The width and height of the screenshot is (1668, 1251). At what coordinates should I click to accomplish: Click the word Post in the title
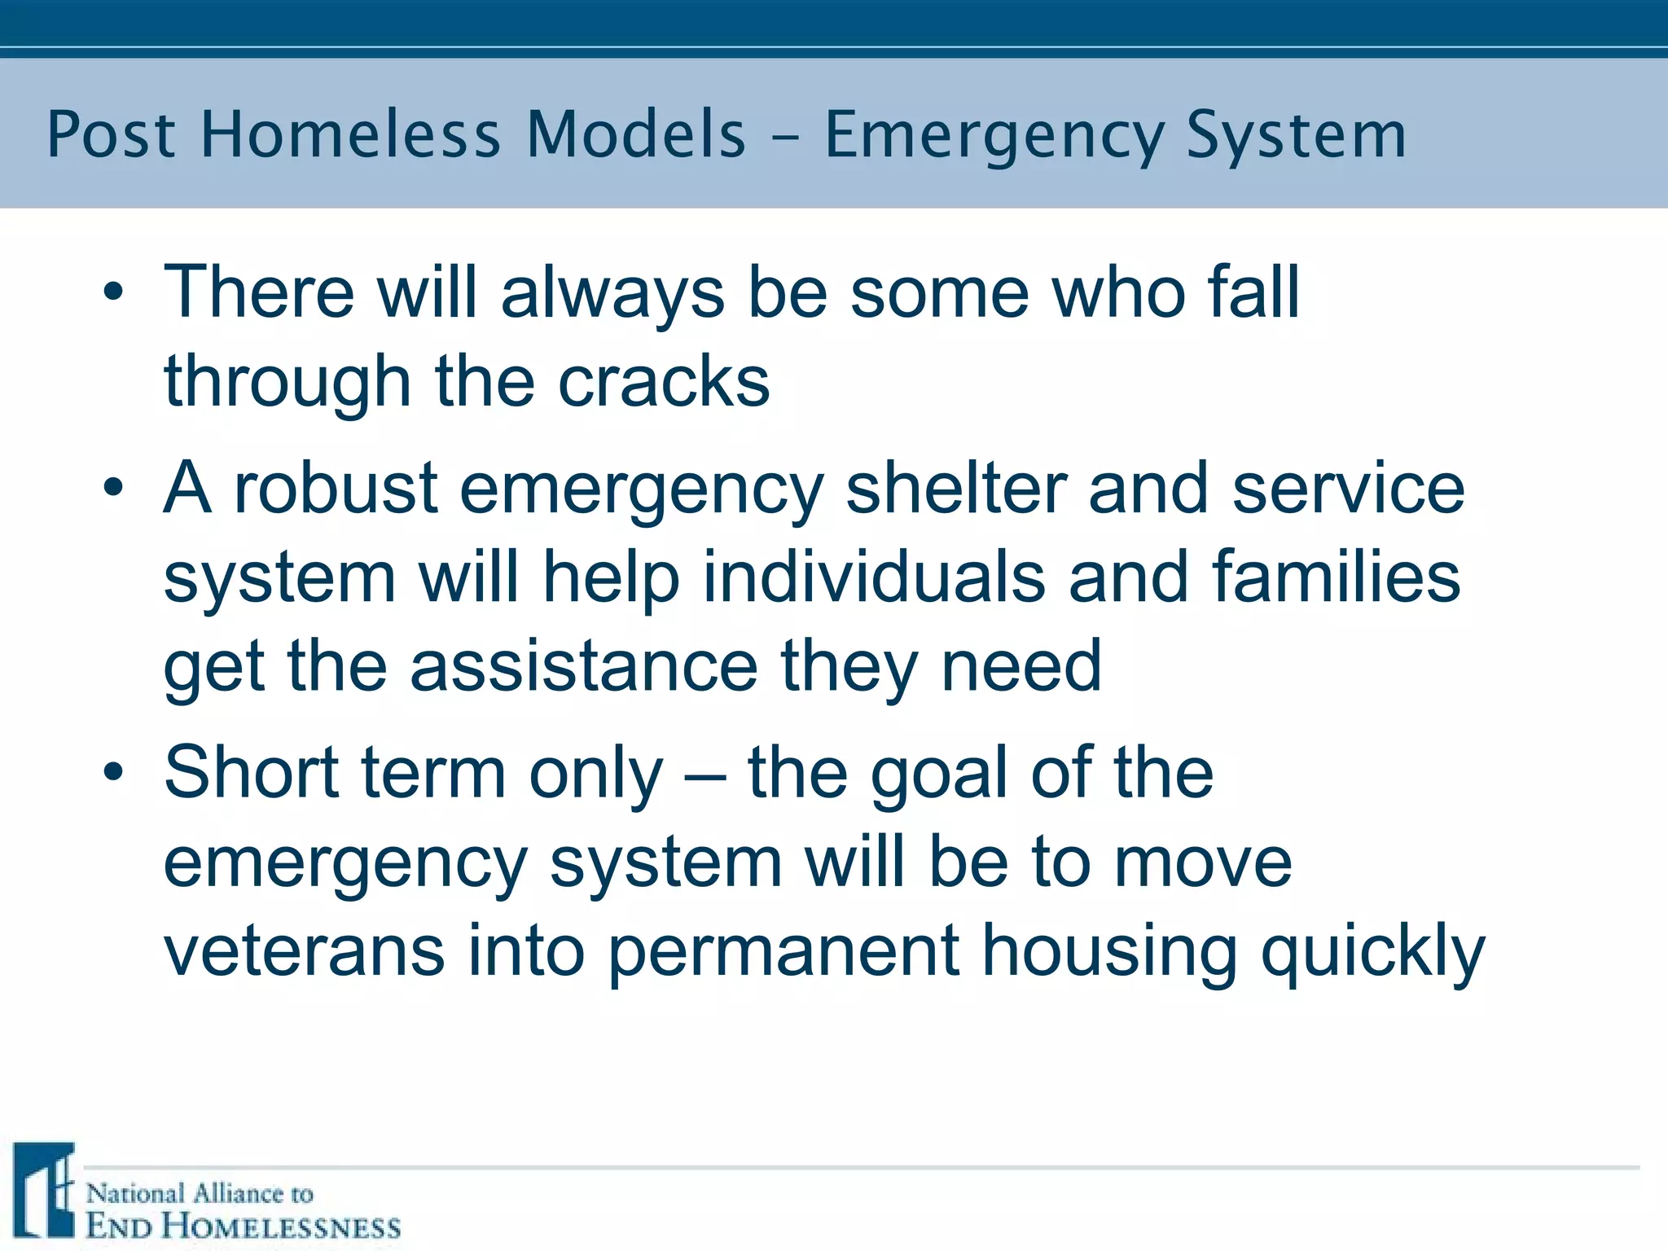(x=111, y=134)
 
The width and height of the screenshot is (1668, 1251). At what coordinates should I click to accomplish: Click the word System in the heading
(x=1296, y=134)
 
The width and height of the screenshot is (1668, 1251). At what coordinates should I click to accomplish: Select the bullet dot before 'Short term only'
(x=114, y=772)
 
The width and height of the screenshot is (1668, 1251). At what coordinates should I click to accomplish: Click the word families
(x=1336, y=577)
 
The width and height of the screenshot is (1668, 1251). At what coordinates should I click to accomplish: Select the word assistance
(x=584, y=666)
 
